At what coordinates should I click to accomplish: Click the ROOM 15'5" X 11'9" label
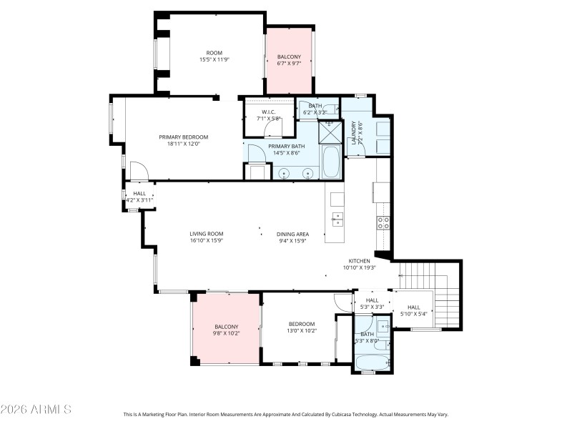[x=214, y=56]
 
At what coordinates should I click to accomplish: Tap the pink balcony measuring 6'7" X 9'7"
[x=289, y=61]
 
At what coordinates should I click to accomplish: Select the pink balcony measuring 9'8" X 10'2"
[x=226, y=329]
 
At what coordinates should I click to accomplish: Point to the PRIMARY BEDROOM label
[x=183, y=140]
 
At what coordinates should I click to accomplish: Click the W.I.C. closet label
[x=268, y=115]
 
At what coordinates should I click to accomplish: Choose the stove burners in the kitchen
[x=383, y=222]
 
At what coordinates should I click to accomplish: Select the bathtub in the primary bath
[x=330, y=162]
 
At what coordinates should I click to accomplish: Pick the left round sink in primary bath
[x=285, y=172]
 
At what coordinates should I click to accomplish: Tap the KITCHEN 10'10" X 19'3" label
[x=359, y=265]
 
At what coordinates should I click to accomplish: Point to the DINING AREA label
[x=292, y=237]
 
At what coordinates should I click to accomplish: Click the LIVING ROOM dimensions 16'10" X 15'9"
[x=207, y=241]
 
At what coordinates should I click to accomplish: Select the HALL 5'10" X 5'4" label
[x=413, y=310]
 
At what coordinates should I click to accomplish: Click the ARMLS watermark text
[x=36, y=410]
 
